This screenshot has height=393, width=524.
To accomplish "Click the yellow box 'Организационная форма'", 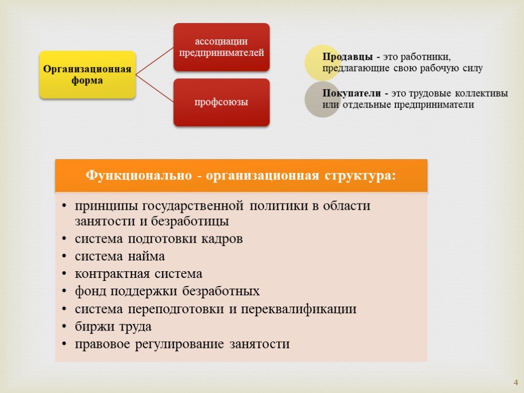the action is (87, 75).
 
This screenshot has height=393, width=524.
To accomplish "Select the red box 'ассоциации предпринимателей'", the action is (221, 47).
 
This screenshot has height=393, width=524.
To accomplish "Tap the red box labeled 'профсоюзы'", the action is (221, 102).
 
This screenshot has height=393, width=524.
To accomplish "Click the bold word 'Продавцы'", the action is (347, 57).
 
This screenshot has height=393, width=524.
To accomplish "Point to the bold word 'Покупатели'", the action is (352, 93).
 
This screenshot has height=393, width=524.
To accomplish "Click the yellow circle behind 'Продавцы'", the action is (322, 62).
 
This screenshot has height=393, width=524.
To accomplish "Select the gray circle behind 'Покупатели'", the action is (322, 99).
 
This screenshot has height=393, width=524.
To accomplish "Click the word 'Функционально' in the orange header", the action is (139, 176).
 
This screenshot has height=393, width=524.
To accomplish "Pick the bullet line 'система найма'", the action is (120, 256).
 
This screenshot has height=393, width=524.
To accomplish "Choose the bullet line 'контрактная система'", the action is (138, 274).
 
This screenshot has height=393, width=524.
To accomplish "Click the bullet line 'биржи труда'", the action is (113, 326).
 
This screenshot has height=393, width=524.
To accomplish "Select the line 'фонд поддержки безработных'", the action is (167, 291).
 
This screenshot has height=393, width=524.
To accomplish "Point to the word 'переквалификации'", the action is (299, 309).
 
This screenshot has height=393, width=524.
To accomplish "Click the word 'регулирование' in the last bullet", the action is (180, 344).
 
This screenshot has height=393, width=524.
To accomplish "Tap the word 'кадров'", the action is (222, 239).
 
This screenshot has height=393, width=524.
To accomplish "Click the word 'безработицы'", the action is (190, 221).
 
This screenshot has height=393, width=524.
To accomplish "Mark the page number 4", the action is (516, 382).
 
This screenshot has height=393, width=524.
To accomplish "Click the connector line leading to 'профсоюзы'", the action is (155, 88).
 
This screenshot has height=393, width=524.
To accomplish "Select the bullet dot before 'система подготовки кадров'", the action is (64, 239).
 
